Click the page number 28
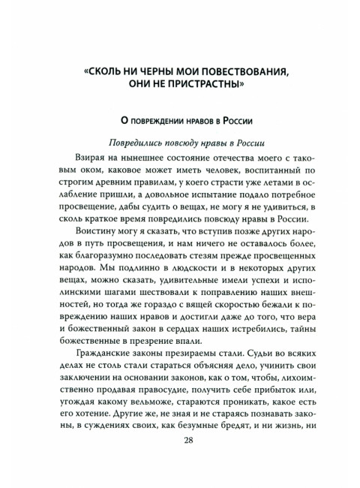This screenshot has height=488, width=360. pyautogui.click(x=187, y=462)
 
